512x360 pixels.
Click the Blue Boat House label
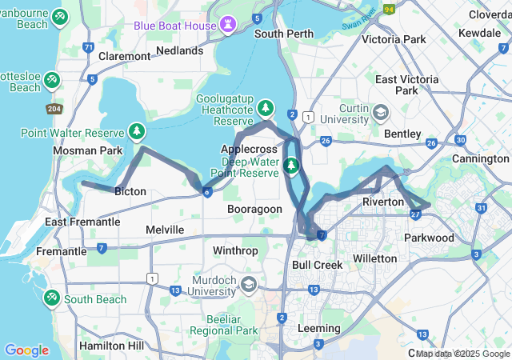(x=174, y=26)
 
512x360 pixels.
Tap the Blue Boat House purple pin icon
(x=230, y=26)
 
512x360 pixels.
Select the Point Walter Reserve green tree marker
(x=138, y=132)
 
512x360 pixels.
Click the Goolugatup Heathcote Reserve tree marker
(x=266, y=108)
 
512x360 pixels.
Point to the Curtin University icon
(x=380, y=111)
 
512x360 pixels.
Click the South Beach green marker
(x=52, y=297)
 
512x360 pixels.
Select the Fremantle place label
(x=62, y=251)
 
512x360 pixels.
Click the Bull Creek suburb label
(x=317, y=264)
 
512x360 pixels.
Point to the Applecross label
(x=249, y=149)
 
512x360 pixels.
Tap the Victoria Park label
(x=394, y=38)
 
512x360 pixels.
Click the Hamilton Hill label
(x=112, y=346)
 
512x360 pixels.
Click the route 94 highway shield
(x=390, y=10)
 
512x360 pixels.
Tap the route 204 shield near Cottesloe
(x=55, y=108)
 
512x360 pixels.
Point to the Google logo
(x=26, y=350)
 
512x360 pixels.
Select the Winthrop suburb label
(x=235, y=250)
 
